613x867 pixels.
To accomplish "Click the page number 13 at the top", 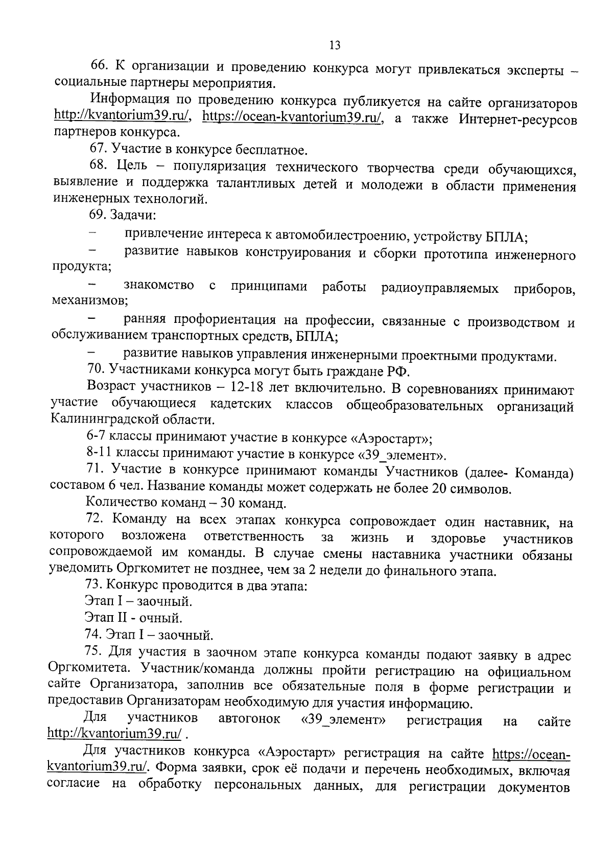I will point(335,45).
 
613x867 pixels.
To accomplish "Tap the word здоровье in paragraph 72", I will point(458,538).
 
